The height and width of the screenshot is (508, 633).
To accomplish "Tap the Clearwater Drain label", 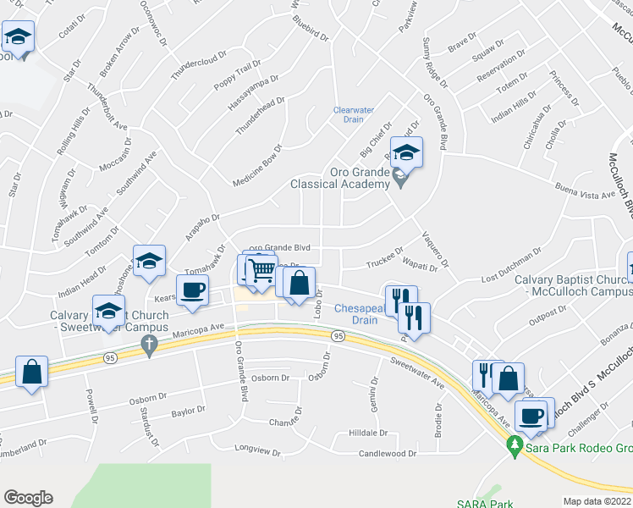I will [353, 114].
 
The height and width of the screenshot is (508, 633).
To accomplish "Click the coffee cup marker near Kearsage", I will [191, 290].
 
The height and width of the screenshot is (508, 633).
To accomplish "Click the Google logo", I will [28, 497].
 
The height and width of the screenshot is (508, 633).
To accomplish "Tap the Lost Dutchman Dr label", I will [510, 267].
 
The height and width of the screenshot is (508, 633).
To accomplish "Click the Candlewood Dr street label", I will [388, 453].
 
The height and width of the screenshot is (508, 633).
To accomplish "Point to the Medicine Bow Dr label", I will [256, 154].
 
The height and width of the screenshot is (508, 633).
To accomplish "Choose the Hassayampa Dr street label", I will [256, 97].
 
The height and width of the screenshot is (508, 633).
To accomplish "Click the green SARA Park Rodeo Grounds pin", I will [514, 444].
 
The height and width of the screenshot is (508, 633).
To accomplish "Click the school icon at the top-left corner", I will [17, 37].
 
